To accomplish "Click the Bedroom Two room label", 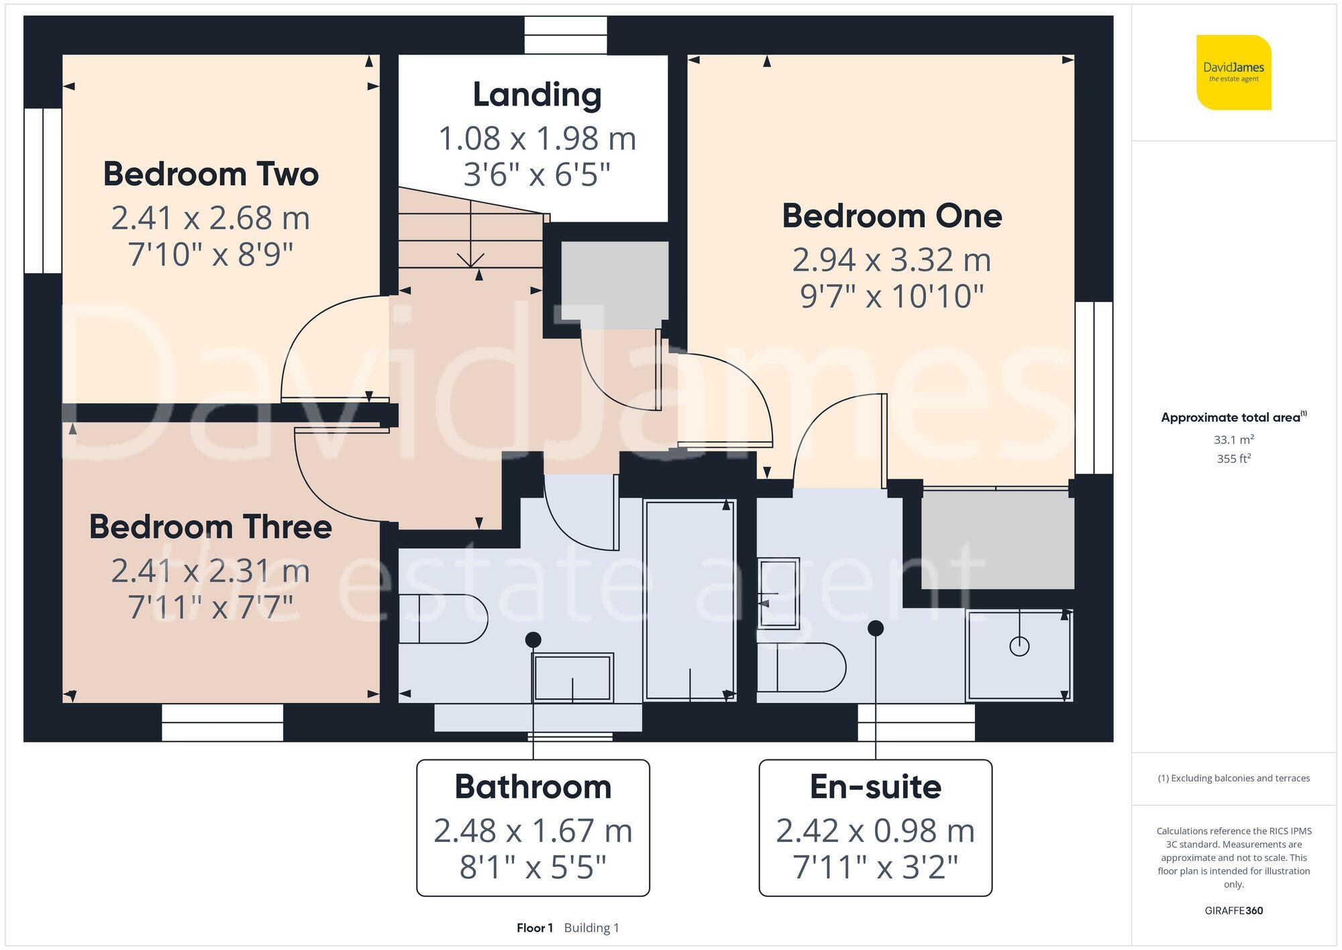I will point(211,175).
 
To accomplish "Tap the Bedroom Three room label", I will point(211,527).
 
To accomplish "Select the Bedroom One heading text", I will point(892,216).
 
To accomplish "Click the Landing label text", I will point(537,95).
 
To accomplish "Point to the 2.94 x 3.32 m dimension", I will point(892,260).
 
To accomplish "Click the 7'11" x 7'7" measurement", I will point(211,607).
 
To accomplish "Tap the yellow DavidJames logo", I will point(1233,73).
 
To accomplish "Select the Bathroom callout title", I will point(533,787).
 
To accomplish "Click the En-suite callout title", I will point(875,787).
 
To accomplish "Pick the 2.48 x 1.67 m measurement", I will point(533,831).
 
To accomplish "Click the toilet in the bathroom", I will point(443,618).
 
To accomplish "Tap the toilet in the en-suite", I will point(801,667).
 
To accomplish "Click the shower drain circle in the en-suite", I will point(1019,647).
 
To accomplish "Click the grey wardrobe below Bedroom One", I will point(998,539).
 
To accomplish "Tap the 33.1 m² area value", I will point(1233,440).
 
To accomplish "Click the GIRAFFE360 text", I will point(1233,911).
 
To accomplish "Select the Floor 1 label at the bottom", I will point(535,928).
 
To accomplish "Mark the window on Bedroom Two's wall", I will point(43,191).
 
